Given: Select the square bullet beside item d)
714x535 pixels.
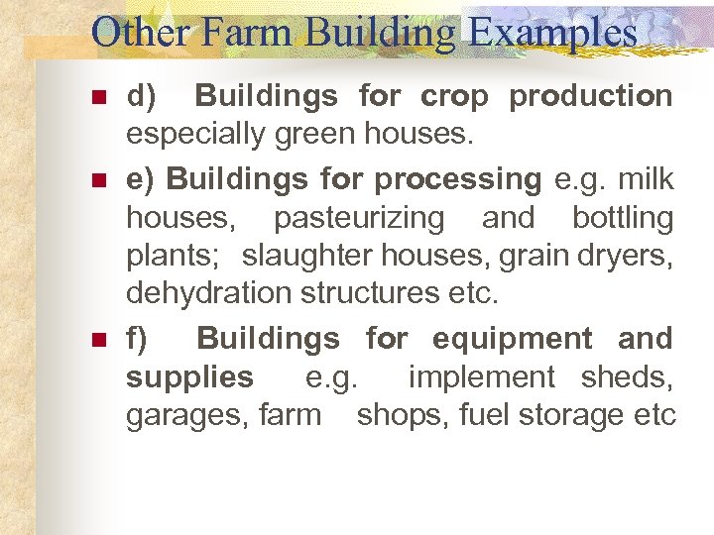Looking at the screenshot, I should (97, 98).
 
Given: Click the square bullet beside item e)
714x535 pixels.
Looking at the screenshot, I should (97, 181).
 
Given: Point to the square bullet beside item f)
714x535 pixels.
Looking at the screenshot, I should (97, 340).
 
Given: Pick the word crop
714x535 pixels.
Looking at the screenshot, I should (454, 97).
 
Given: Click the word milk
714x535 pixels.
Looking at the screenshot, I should (645, 179).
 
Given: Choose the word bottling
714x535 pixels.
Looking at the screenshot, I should (623, 218).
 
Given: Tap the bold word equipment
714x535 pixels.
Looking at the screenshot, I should (513, 339).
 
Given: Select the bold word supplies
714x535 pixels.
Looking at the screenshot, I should (189, 377).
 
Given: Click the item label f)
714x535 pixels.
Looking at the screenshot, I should (137, 339).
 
